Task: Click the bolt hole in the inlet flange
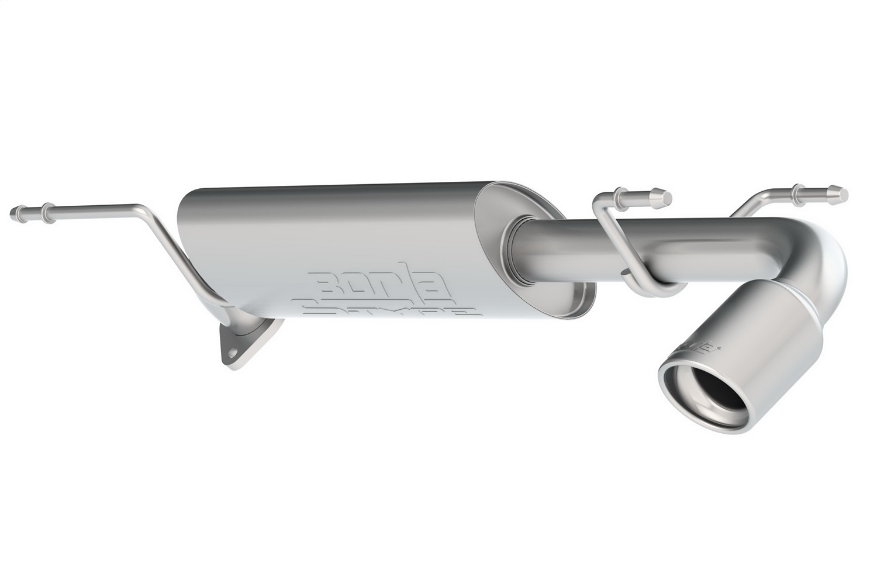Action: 232,353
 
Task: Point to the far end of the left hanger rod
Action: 14,209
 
